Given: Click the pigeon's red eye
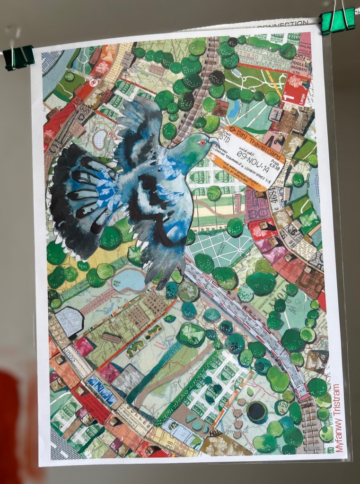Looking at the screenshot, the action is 203,142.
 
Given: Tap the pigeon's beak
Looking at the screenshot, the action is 214,141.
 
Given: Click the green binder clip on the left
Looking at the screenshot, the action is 19,57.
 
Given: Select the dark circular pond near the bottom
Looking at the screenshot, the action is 258,411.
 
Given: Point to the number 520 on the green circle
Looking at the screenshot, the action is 282,406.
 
